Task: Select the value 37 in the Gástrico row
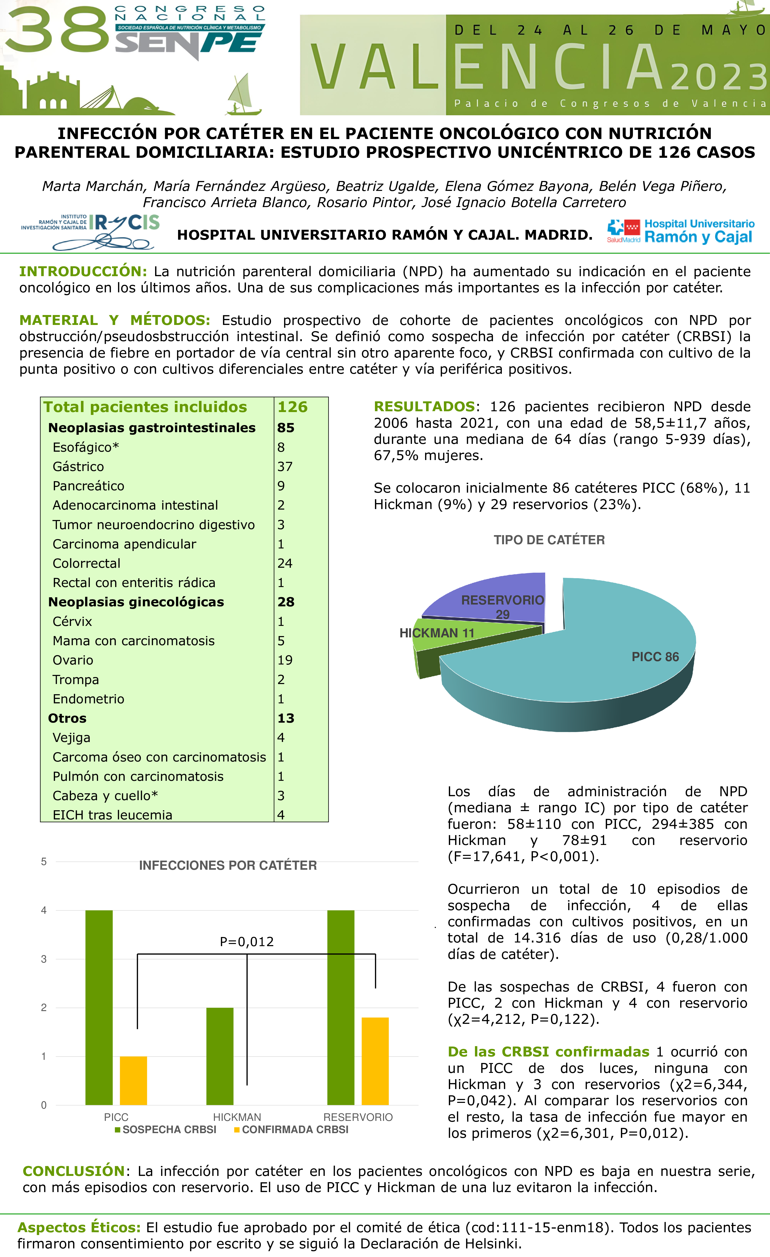pos(285,467)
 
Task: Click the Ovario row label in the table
pos(73,660)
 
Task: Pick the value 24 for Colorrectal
pos(285,563)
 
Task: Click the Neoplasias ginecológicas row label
pos(136,602)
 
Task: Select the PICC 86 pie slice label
pos(655,657)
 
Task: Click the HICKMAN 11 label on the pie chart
pos(437,633)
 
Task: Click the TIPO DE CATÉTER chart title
pos(549,540)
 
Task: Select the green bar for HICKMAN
pos(220,1056)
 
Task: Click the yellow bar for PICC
pos(133,1080)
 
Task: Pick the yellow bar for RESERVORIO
pos(375,1061)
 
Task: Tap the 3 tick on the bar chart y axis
pos(44,959)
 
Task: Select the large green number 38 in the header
pos(56,32)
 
